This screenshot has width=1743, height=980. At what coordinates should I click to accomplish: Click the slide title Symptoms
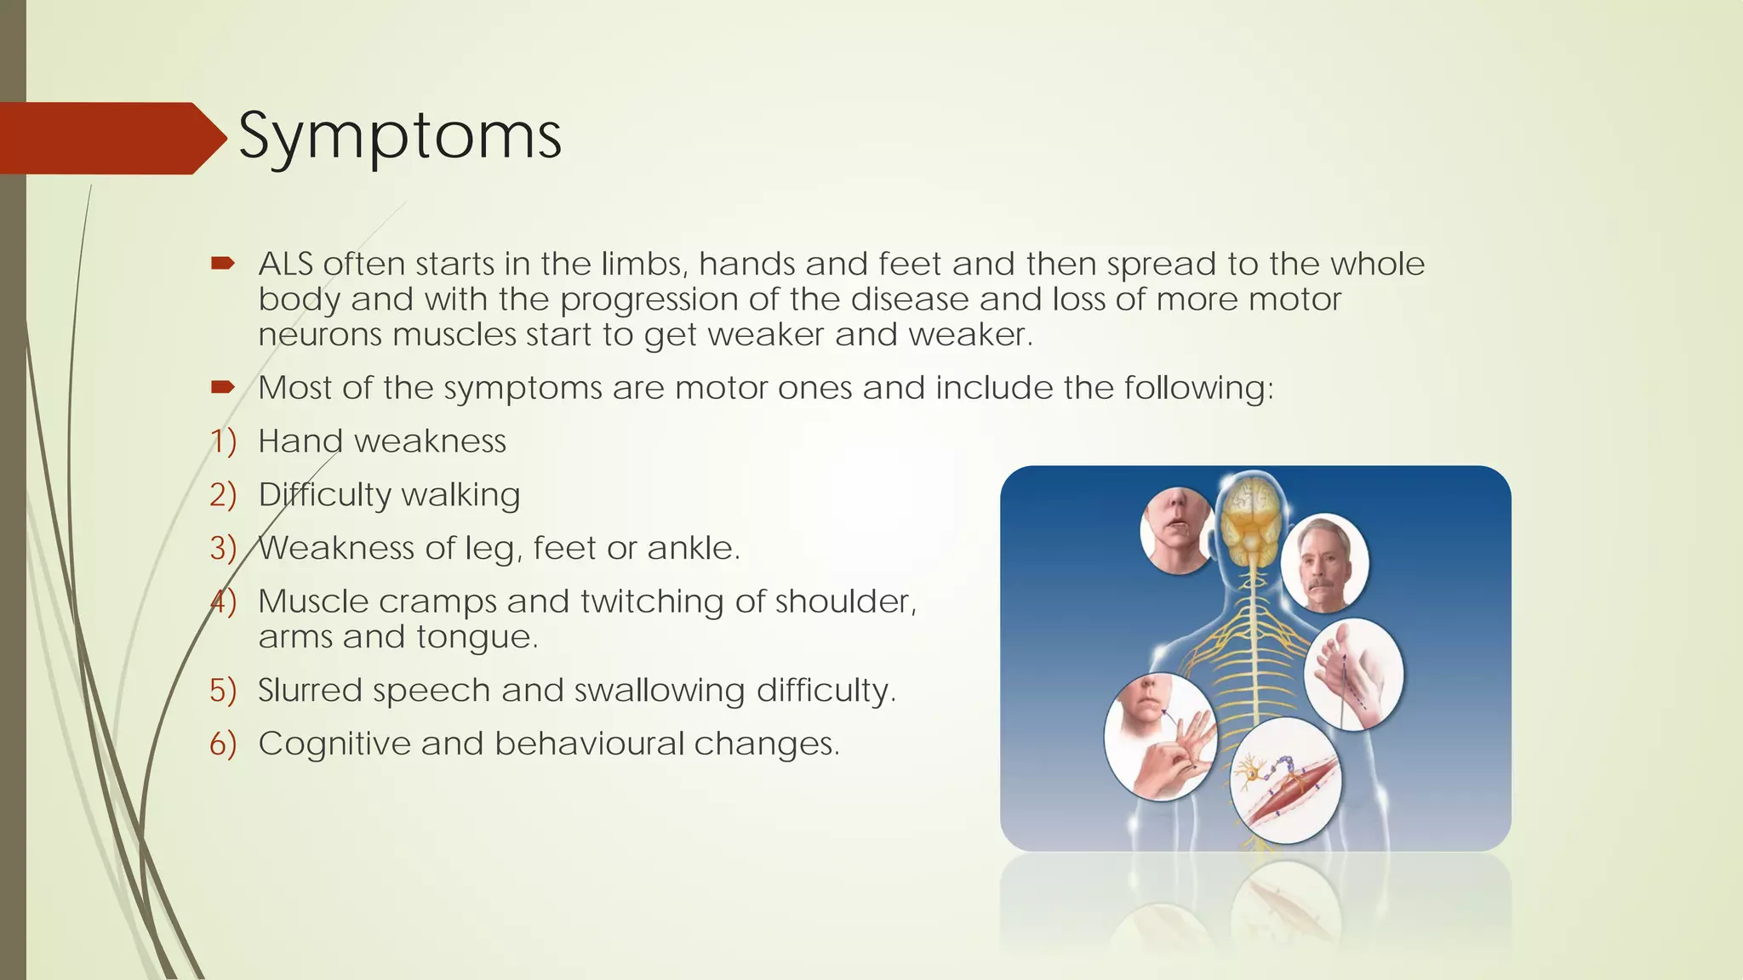point(399,136)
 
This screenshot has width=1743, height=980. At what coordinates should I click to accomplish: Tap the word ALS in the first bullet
point(285,264)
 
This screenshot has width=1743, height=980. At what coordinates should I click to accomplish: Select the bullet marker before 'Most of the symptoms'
point(222,388)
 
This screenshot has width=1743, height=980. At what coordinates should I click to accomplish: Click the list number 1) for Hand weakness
point(223,442)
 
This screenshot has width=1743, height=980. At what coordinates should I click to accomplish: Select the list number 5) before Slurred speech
point(223,690)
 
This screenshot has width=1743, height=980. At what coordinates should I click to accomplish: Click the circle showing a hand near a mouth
point(1160,737)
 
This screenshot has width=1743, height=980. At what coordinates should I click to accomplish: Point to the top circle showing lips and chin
point(1177,530)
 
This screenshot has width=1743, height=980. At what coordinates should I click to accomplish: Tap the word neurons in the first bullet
point(320,335)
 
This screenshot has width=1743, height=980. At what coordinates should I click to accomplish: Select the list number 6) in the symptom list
point(223,744)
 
